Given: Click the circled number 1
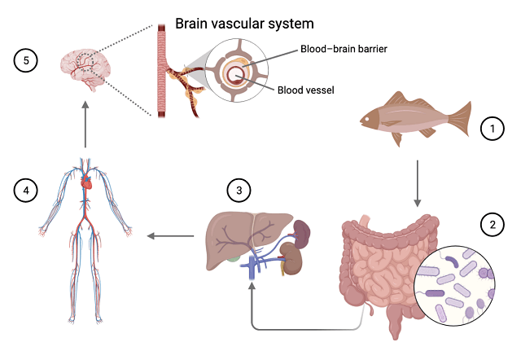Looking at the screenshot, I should coord(490,127).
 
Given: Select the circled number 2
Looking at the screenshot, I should coord(491,224).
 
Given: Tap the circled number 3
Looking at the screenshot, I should coord(239,191).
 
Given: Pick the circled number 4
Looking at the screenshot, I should coord(25,191).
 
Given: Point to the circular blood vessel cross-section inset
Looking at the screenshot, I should coord(239,76).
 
